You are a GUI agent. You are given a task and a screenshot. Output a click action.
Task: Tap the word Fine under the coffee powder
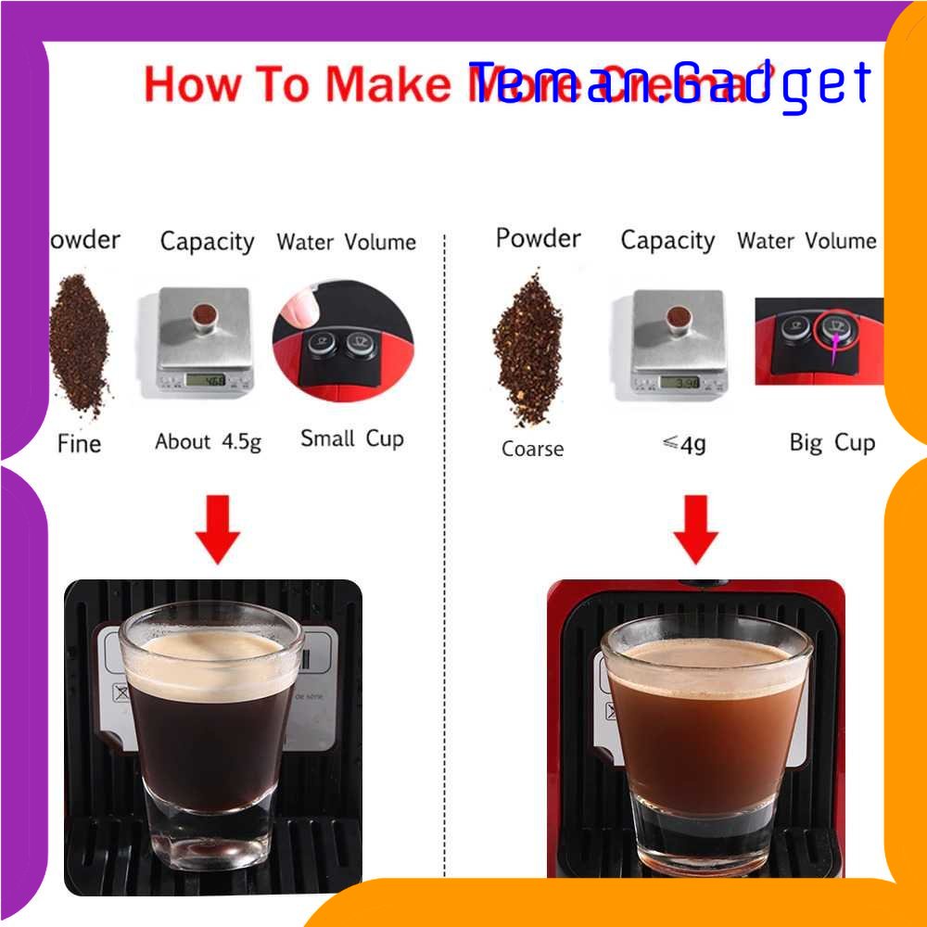click(79, 443)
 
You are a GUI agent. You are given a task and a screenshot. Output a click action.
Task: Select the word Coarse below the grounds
click(532, 449)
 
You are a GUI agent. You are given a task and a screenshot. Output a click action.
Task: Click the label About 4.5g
click(208, 441)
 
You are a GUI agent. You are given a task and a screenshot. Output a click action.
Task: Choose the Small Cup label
click(352, 438)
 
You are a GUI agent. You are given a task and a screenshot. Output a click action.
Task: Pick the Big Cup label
click(832, 442)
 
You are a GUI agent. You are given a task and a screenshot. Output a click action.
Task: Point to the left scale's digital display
click(207, 378)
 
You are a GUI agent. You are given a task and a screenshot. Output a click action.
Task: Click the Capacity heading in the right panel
click(667, 241)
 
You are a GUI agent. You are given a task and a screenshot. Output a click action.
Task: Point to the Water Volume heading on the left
click(346, 243)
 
